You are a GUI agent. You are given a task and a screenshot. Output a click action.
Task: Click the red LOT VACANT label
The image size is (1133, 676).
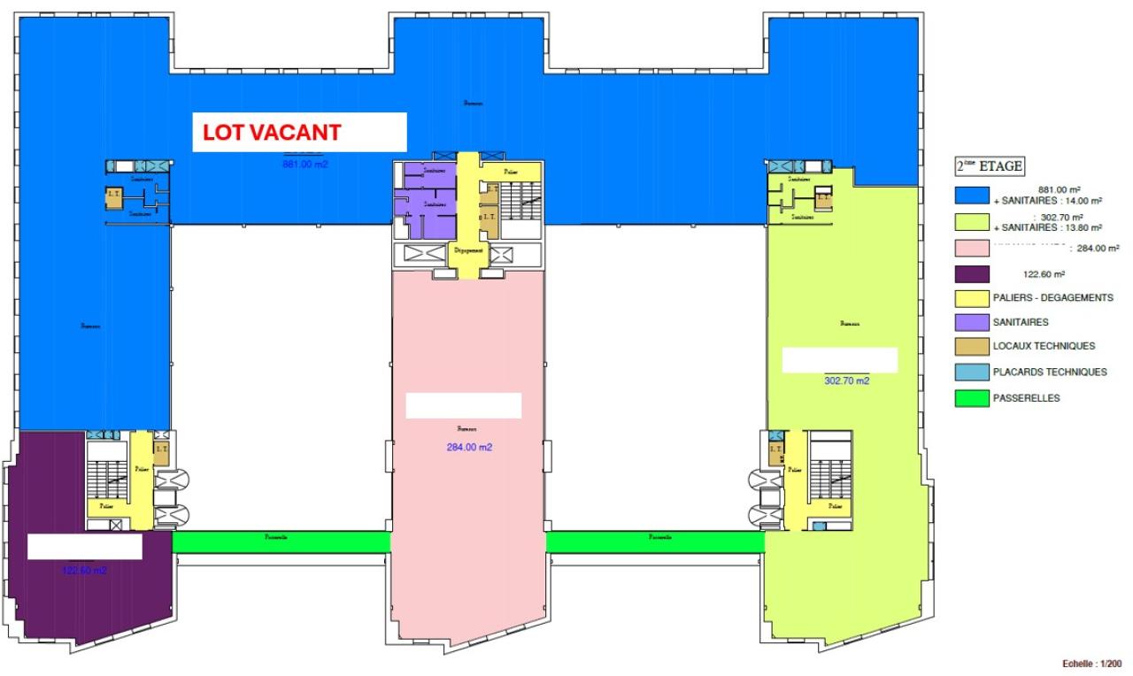(x=272, y=133)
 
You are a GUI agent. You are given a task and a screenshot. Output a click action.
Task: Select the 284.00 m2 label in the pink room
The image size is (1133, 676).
(x=469, y=447)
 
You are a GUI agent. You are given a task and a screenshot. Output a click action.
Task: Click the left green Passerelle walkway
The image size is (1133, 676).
(x=281, y=539)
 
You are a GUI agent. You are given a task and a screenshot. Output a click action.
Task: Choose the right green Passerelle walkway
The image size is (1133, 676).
(x=655, y=539)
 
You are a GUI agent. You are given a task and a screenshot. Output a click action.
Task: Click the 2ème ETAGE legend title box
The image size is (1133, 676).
(x=988, y=165)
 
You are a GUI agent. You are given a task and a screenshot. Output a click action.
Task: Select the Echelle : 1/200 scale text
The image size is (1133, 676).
(x=1091, y=663)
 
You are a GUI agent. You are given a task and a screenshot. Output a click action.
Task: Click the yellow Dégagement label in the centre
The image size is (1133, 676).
(x=468, y=250)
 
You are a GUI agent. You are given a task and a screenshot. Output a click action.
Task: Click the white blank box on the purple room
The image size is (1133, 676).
(x=85, y=547)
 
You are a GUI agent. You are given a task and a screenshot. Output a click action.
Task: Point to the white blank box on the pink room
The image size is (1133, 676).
(x=463, y=406)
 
